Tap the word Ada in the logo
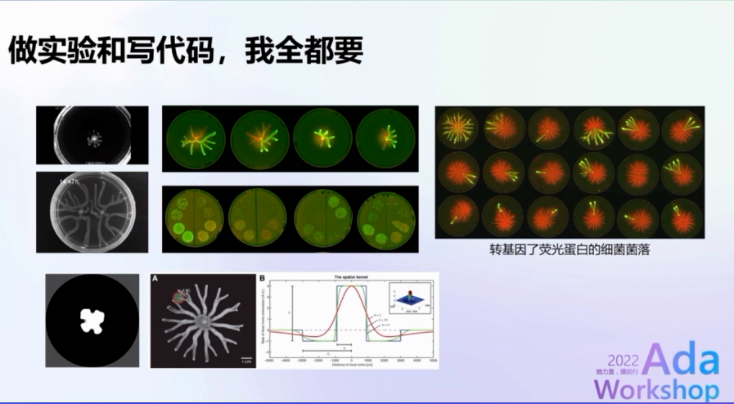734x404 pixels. coord(681,360)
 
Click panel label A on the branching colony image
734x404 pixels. coord(155,278)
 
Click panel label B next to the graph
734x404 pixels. coord(262,278)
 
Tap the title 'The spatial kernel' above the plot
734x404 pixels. coord(349,278)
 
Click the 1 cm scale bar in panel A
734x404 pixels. coord(245,358)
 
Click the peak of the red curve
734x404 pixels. coord(351,289)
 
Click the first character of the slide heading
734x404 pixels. coord(21,51)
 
